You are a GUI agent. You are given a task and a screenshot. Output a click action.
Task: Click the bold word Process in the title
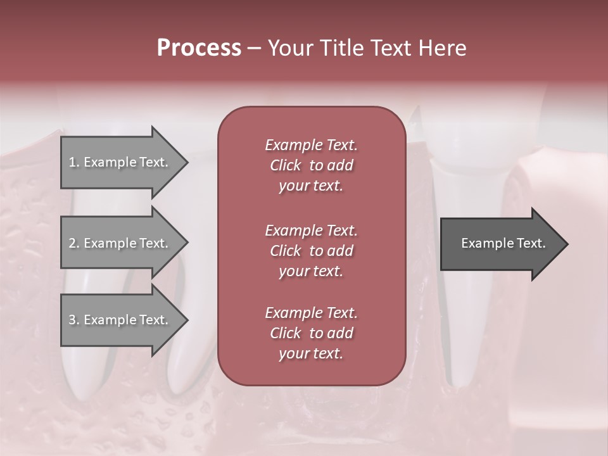point(199,48)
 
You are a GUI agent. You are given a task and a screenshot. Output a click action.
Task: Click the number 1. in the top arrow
point(74,162)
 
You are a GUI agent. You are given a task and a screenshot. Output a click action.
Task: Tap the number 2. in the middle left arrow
point(74,243)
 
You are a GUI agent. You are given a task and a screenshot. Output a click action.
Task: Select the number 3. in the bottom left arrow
point(74,320)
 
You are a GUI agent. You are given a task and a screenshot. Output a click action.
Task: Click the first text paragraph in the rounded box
point(311,165)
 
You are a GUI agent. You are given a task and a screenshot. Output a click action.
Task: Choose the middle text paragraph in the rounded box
point(311,251)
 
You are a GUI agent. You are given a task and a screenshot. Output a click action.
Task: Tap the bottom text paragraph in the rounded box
point(311,333)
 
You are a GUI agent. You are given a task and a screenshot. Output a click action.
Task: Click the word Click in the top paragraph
point(286,165)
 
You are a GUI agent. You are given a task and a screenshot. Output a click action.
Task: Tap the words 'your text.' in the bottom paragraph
point(311,354)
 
